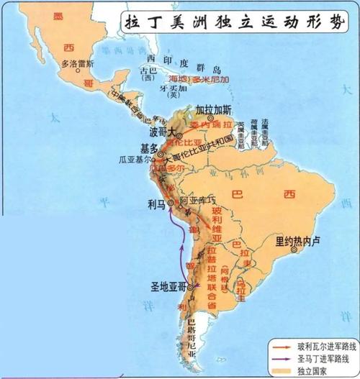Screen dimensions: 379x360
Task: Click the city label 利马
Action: [156, 203]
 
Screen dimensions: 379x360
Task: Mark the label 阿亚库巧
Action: [198, 199]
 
